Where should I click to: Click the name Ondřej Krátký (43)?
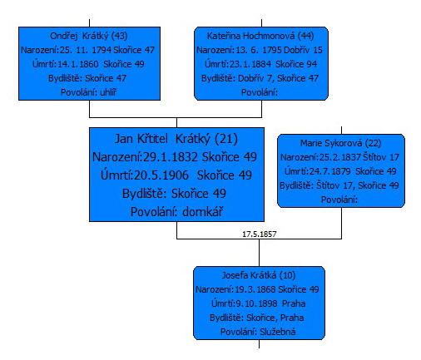click(x=89, y=36)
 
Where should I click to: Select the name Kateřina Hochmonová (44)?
click(x=260, y=36)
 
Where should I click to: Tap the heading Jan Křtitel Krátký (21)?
click(x=176, y=139)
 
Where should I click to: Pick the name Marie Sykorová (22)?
click(x=341, y=143)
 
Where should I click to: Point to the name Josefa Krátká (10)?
click(x=259, y=275)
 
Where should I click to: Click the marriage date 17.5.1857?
click(x=260, y=234)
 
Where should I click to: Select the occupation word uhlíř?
click(x=108, y=92)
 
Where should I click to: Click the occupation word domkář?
click(x=203, y=212)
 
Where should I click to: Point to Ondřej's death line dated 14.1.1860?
click(x=88, y=64)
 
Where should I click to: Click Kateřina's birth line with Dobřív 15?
click(x=260, y=50)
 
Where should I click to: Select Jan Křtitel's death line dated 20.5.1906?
click(x=176, y=175)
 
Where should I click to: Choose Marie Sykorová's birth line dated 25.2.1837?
click(x=339, y=157)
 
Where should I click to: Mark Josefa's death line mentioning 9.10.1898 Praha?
click(x=258, y=303)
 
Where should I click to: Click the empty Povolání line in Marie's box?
click(x=339, y=200)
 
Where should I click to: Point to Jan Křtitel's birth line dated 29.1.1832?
click(x=175, y=157)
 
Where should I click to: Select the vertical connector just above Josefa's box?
click(x=260, y=253)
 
